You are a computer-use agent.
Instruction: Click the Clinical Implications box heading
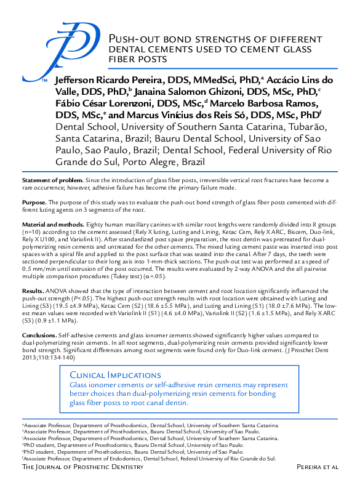[108, 375]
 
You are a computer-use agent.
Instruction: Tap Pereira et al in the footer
[318, 468]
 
